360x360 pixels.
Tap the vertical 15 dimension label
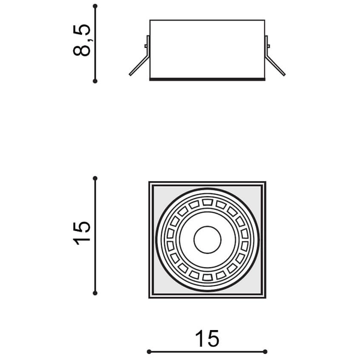tap(82, 233)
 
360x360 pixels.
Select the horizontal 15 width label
tap(207, 338)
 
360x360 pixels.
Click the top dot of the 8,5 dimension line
tap(95, 6)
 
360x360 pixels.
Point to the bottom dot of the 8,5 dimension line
tap(95, 81)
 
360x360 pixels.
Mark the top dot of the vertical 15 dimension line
tap(95, 178)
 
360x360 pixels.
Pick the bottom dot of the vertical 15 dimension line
tap(95, 293)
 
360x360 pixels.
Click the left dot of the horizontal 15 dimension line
tap(149, 352)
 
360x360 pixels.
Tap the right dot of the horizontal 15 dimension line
tap(265, 352)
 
